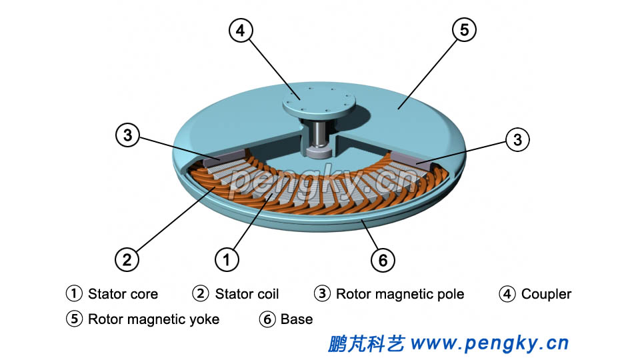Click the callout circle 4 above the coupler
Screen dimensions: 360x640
[x=241, y=30]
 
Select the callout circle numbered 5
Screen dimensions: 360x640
[x=465, y=30]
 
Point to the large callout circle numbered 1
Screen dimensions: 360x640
[x=227, y=258]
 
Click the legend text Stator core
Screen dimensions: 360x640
[x=123, y=294]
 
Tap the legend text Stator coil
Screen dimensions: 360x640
[x=247, y=294]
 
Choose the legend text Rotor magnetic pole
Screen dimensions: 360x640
[x=399, y=294]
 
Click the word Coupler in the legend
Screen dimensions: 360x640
[x=546, y=294]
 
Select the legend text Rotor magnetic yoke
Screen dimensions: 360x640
[x=153, y=319]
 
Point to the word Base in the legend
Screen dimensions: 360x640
[x=297, y=319]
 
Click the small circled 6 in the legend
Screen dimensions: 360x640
[x=267, y=319]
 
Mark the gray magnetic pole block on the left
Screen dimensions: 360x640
[x=217, y=159]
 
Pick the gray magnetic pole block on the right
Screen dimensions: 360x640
[x=413, y=159]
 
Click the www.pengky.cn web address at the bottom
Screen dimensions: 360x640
[x=490, y=343]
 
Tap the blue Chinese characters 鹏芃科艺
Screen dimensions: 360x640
[x=366, y=343]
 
